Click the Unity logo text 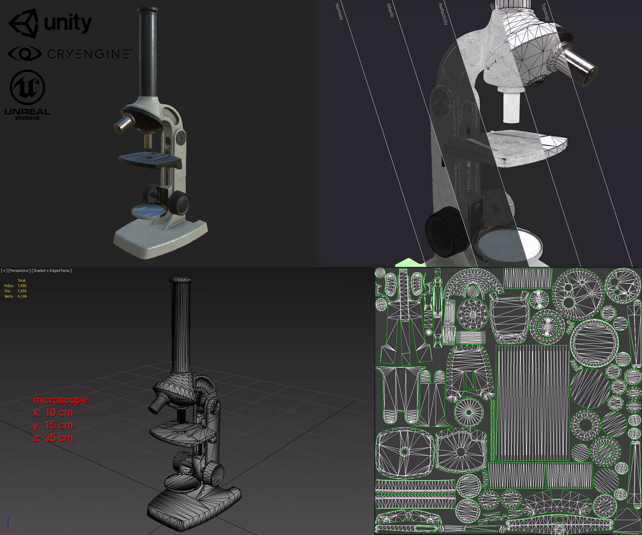click(x=68, y=23)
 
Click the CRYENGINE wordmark click(x=89, y=54)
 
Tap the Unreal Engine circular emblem click(x=27, y=87)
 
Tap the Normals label click(x=339, y=12)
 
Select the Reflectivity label click(x=443, y=14)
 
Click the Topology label click(x=546, y=12)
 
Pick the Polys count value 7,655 click(x=22, y=286)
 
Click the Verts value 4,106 click(x=22, y=296)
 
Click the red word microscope click(x=60, y=400)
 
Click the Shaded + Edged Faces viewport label click(x=52, y=270)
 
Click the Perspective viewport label click(x=19, y=270)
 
